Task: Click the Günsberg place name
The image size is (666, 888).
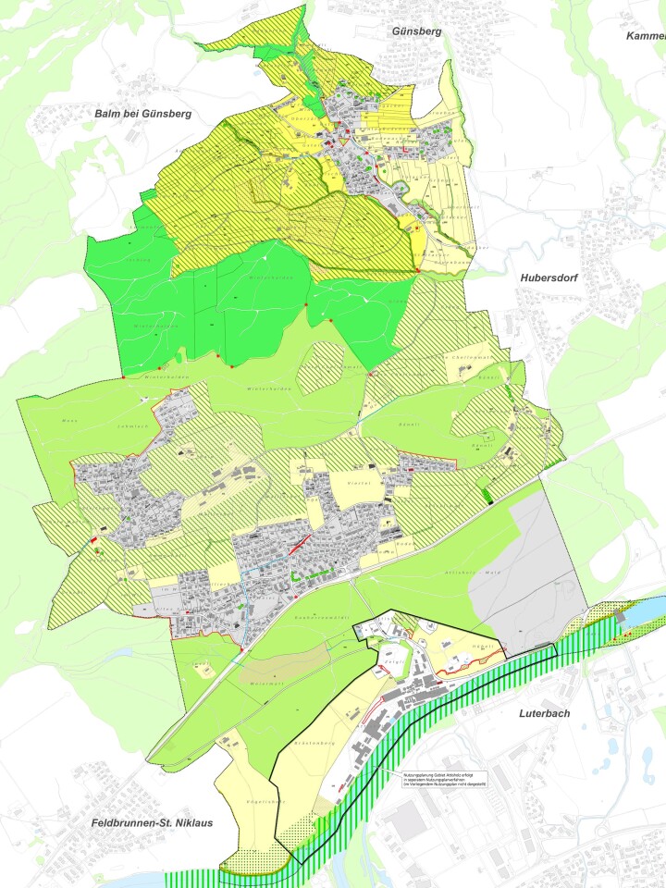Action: (x=416, y=31)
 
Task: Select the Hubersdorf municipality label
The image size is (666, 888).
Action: (x=547, y=275)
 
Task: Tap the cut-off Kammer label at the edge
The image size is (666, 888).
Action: (x=646, y=35)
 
